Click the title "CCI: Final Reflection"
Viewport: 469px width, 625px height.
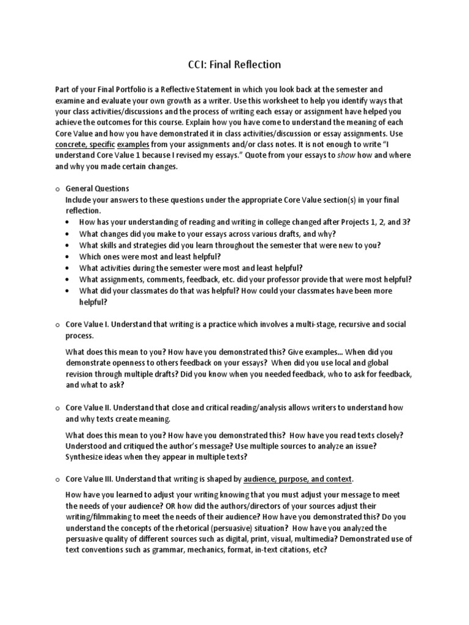coord(234,63)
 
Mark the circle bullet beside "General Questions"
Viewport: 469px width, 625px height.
coord(57,189)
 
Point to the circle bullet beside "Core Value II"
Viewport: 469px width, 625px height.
coord(57,407)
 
